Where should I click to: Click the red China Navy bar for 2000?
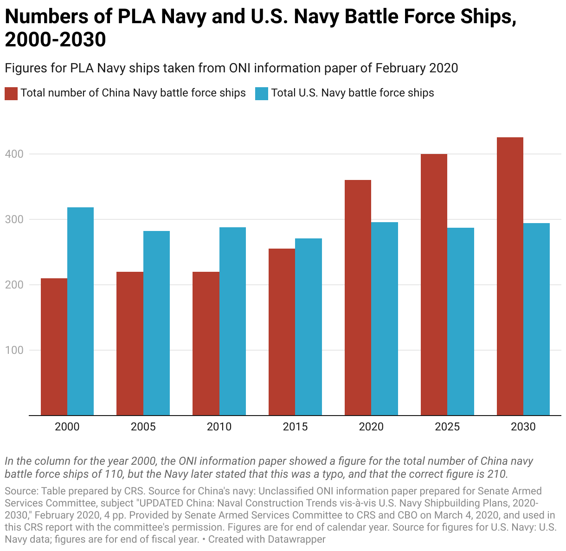[54, 346]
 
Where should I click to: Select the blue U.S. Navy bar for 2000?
[81, 311]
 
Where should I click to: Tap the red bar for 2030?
[510, 276]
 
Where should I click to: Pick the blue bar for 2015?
[309, 327]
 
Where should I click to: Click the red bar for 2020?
[358, 297]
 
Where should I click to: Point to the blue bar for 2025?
[460, 321]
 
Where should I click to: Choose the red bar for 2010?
[206, 343]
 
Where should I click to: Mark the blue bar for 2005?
[156, 323]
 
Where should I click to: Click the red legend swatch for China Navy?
[11, 94]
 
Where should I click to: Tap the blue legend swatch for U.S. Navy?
[262, 94]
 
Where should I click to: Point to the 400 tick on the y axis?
[14, 154]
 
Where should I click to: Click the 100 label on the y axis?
[14, 350]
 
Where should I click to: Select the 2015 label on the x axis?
[295, 427]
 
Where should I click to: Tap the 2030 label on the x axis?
[523, 427]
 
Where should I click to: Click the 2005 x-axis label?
[143, 427]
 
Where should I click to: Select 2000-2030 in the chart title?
[55, 39]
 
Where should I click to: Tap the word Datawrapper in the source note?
[296, 539]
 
